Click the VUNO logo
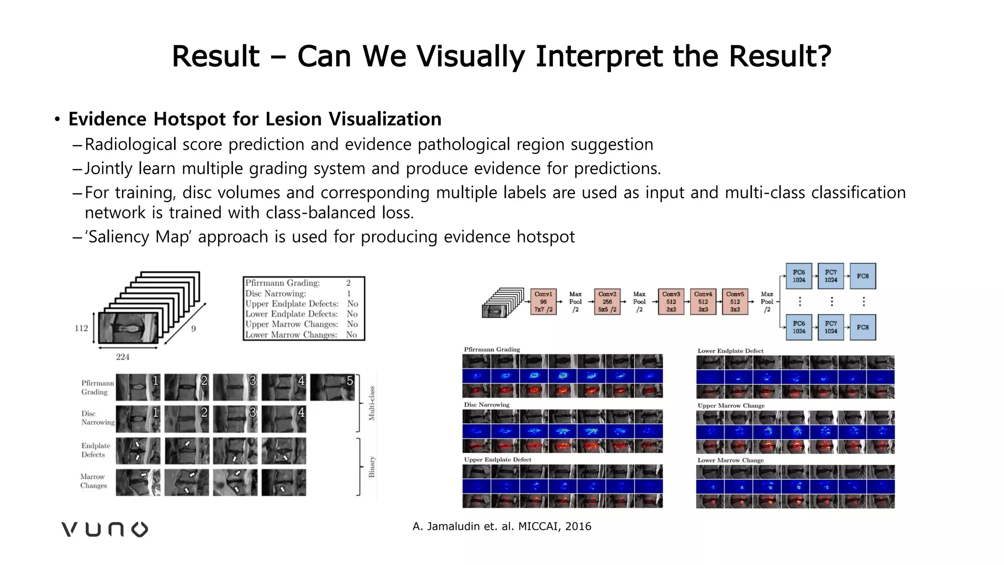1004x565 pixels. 104,529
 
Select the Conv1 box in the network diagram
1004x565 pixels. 543,302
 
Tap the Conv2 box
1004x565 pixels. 607,302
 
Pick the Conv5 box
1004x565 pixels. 735,302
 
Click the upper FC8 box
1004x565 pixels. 863,276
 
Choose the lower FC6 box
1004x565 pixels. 799,327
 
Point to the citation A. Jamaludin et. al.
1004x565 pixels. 502,526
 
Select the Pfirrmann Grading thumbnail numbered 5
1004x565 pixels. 332,387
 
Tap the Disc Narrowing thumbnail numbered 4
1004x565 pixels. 284,418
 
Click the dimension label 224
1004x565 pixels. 123,357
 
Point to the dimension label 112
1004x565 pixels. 81,328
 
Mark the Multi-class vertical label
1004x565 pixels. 372,403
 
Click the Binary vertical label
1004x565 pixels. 372,466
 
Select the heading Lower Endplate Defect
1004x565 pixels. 730,351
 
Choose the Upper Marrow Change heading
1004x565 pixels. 731,406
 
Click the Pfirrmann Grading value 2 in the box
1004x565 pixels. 348,283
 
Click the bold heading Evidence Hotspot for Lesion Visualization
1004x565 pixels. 255,119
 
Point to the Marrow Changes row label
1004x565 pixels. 94,481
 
